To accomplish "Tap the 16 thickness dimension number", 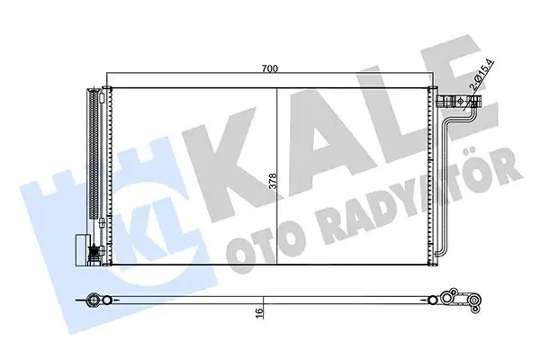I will (259, 312).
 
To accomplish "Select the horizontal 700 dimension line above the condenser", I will (180, 74).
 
